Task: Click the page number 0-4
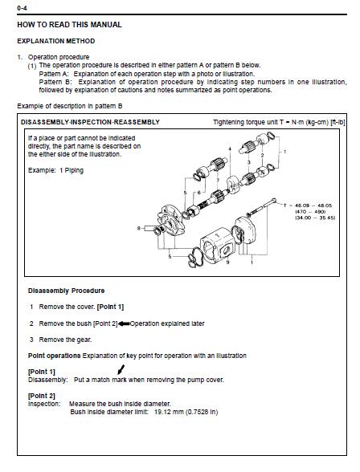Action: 22,8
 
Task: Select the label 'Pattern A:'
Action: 54,74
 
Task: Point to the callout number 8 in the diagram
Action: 139,228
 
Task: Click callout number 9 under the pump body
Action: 227,262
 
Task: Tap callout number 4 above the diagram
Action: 230,149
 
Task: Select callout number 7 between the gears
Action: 217,181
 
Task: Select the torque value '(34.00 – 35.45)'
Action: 315,218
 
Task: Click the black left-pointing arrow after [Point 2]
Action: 124,324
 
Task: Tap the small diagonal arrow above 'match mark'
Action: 121,369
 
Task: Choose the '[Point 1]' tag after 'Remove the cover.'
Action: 110,307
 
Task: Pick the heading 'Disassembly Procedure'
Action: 66,291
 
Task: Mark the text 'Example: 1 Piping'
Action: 55,170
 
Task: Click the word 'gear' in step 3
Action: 84,340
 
